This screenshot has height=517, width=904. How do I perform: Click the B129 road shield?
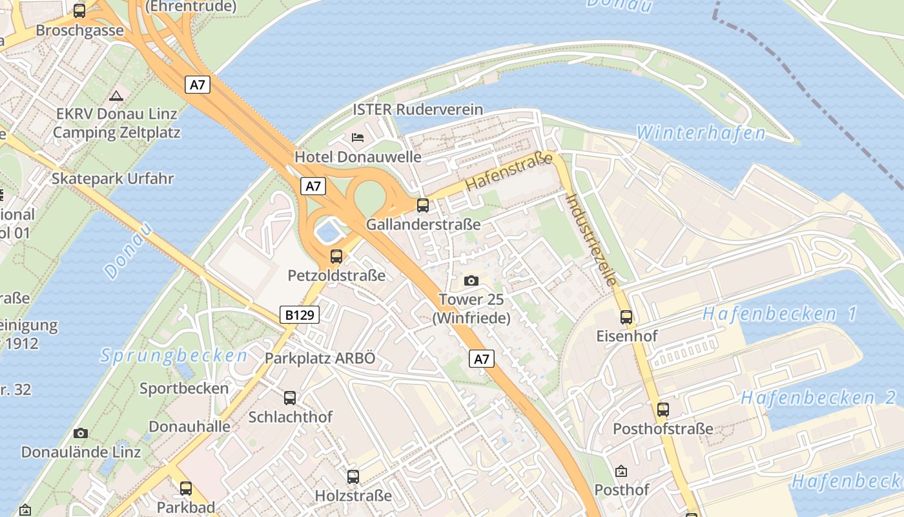(300, 315)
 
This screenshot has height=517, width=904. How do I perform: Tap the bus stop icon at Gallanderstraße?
(423, 206)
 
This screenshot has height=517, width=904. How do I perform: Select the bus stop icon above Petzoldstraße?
(336, 256)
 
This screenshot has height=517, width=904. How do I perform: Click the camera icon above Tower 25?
(471, 280)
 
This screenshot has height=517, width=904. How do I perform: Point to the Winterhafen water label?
(701, 133)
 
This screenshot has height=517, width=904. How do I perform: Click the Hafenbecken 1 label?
(779, 314)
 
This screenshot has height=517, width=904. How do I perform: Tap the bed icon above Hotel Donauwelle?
(358, 137)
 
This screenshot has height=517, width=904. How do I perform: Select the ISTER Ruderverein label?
(418, 109)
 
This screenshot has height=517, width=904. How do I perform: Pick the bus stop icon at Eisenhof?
(626, 317)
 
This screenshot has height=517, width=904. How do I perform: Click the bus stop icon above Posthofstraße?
(663, 409)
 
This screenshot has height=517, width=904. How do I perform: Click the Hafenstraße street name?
(509, 171)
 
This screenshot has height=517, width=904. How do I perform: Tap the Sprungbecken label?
(174, 355)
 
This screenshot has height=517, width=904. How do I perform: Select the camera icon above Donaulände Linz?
(81, 433)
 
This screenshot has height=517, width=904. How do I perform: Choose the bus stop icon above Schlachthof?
(290, 397)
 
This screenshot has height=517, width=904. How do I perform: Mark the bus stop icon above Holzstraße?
(353, 477)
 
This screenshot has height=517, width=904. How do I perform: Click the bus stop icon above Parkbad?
(186, 488)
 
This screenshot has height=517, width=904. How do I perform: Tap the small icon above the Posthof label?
(621, 471)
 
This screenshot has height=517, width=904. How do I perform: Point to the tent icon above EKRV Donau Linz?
(116, 96)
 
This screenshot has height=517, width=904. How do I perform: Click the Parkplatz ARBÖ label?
(320, 359)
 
